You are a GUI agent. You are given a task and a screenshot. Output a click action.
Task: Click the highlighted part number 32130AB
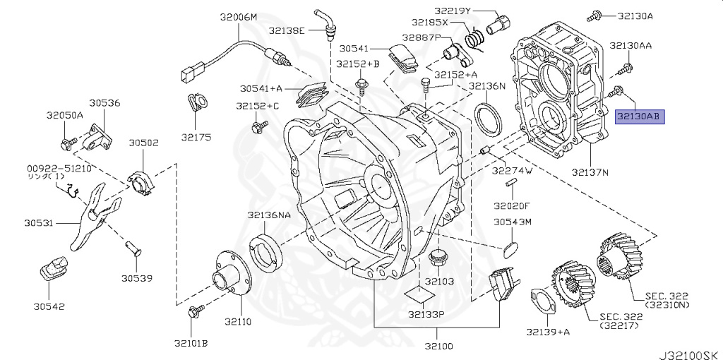point(640,117)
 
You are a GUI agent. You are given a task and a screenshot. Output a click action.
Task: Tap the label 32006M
point(239,18)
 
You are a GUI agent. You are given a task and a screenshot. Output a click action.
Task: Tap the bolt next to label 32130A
point(594,17)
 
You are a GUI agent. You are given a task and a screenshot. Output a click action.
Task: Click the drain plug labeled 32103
point(436,259)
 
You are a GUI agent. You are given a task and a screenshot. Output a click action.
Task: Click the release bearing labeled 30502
point(141,182)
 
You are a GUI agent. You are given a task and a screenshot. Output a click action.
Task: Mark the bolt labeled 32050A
point(66,143)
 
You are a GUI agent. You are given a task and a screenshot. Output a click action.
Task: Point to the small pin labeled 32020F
point(510,184)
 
